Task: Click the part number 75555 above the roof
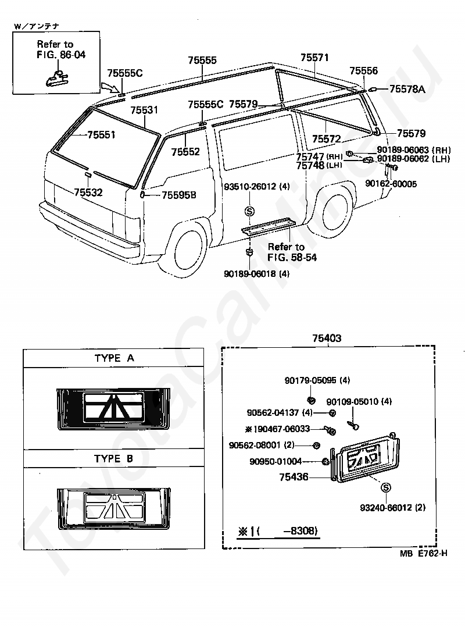coord(202,60)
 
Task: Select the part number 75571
coord(315,58)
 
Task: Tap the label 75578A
coord(407,89)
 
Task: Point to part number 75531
coord(144,110)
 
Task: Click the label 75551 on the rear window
coord(101,135)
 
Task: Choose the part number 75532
coord(88,193)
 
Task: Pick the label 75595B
coord(179,195)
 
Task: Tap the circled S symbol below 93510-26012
coord(250,211)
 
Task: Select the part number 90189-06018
coord(251,274)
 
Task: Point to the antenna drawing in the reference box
coord(56,77)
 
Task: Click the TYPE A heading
coord(115,358)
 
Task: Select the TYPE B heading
coord(113,459)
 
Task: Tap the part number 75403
coord(327,339)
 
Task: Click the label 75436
coord(294,477)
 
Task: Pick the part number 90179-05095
coord(310,380)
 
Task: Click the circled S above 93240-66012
coord(386,487)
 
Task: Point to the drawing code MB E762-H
coord(424,554)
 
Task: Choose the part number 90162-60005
coord(391,184)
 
